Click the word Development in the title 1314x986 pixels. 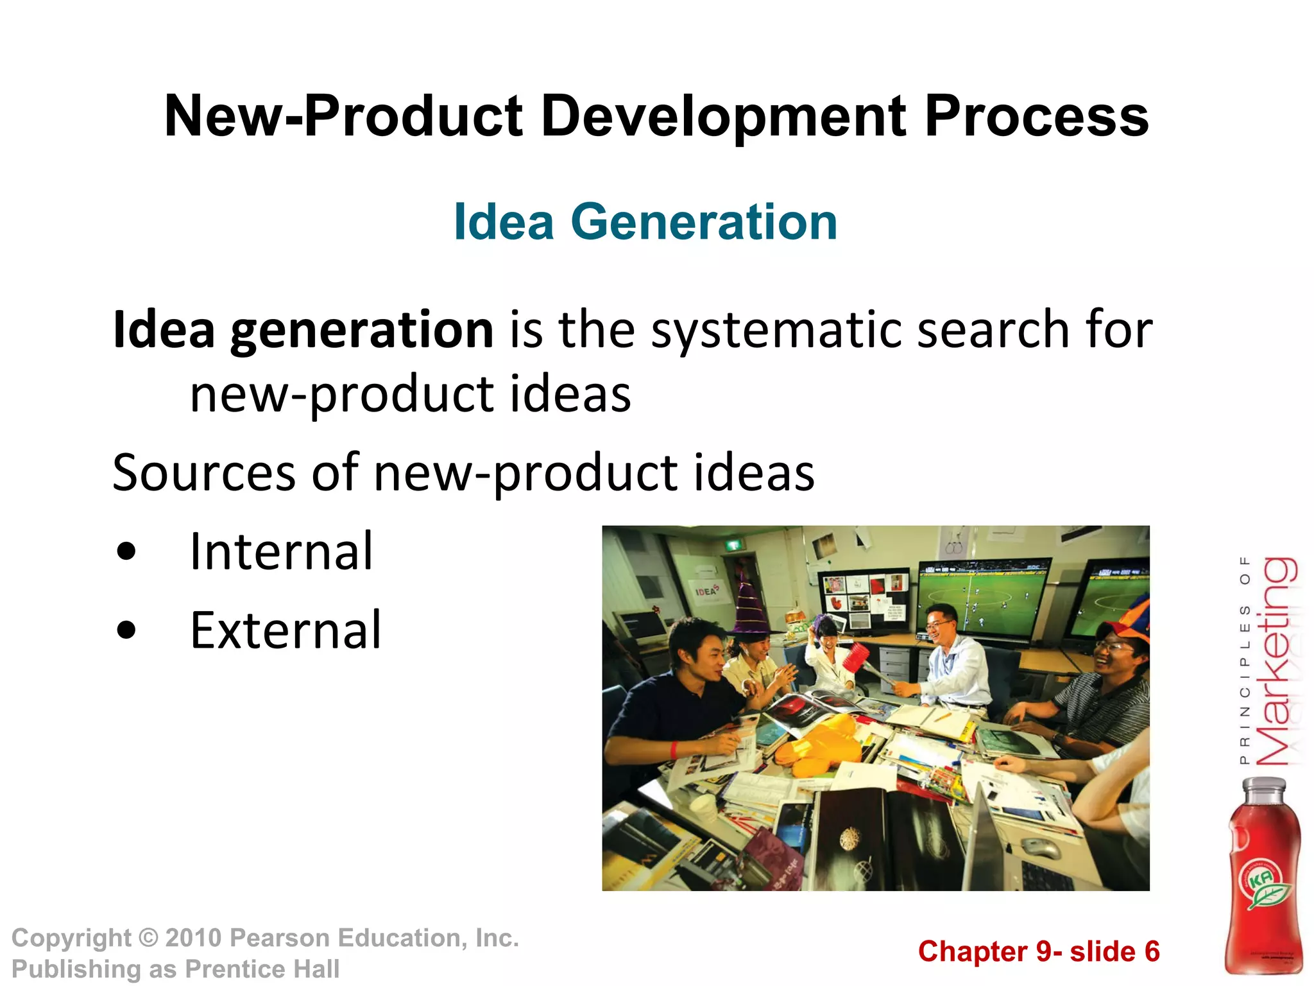724,117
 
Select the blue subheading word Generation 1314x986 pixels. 704,222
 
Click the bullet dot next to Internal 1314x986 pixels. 127,551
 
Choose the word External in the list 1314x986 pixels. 286,630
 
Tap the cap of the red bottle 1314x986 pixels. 1264,786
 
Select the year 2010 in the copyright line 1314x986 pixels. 193,938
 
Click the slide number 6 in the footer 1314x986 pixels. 1152,951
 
